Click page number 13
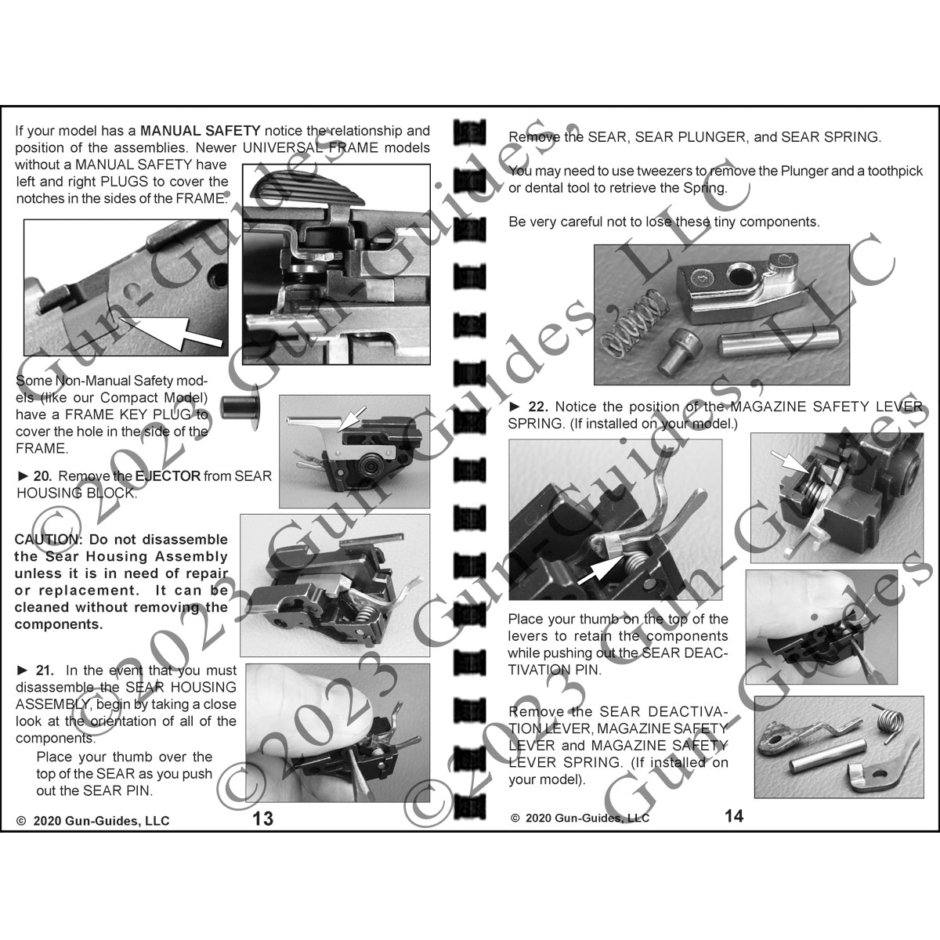(263, 819)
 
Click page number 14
(733, 815)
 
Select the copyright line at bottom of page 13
(92, 821)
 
